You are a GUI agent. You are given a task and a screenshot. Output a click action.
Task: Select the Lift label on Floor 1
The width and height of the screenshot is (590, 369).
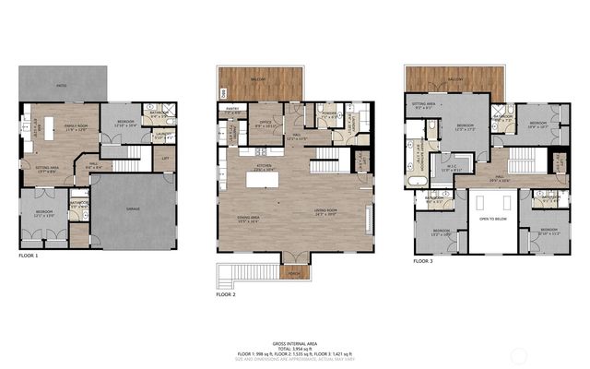point(165,158)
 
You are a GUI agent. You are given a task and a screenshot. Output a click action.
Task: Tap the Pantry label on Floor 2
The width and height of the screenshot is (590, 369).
point(232,112)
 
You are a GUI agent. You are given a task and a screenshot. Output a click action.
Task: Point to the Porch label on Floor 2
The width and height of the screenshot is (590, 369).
point(294,273)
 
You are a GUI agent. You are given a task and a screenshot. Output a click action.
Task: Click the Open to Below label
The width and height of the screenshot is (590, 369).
point(490,219)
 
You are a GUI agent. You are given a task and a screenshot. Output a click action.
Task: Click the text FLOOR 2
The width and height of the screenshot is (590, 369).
point(226,294)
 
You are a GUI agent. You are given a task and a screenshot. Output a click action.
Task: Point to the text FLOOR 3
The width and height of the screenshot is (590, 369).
point(422,262)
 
